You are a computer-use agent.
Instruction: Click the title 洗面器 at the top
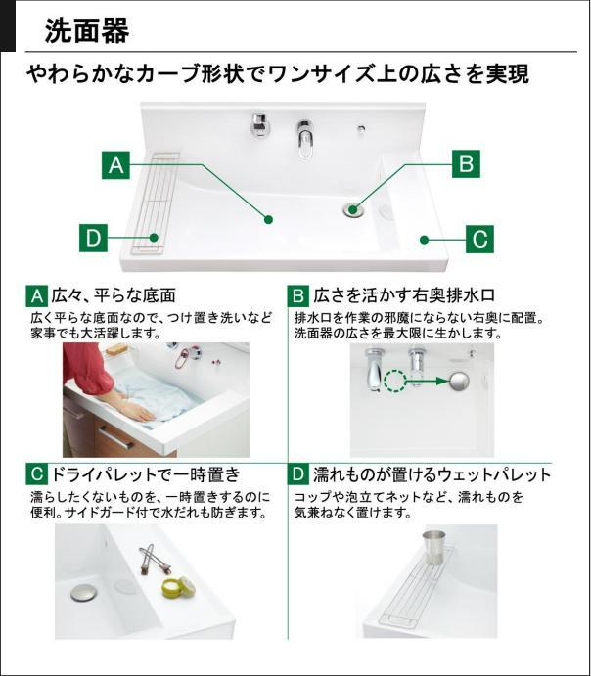[x=87, y=30]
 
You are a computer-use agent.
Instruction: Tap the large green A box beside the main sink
[x=116, y=164]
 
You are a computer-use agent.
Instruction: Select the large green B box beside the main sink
[x=467, y=164]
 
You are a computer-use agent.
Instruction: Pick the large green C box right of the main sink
[x=478, y=238]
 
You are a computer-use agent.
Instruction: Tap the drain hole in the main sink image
[x=353, y=207]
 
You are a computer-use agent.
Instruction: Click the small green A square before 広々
[x=36, y=295]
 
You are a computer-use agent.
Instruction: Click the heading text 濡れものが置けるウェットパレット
[x=432, y=476]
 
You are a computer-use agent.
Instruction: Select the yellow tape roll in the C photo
[x=178, y=587]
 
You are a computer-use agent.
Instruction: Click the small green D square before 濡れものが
[x=299, y=476]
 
